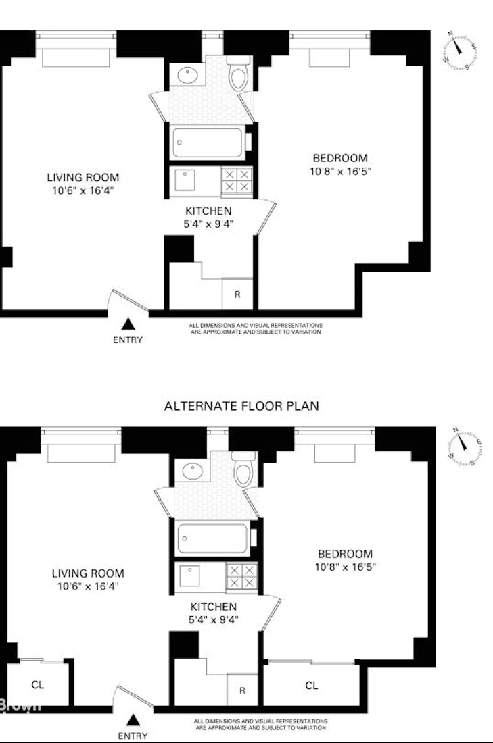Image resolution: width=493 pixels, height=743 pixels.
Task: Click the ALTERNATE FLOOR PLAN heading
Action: coord(241,406)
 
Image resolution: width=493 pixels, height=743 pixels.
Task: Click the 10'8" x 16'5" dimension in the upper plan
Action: coord(341,172)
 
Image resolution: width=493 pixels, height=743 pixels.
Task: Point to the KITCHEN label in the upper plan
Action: coord(208,211)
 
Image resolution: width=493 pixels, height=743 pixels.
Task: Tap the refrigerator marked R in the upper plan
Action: coord(237,294)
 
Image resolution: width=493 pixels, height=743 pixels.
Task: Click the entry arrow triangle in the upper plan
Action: coord(127,325)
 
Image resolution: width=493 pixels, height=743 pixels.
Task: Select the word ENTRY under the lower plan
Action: coord(133,736)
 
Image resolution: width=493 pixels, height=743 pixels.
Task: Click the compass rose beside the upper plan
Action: coord(460,49)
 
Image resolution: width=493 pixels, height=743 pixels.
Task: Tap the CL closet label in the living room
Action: coord(38,684)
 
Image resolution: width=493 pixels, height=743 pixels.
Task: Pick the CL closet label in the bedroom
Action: coord(311,686)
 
